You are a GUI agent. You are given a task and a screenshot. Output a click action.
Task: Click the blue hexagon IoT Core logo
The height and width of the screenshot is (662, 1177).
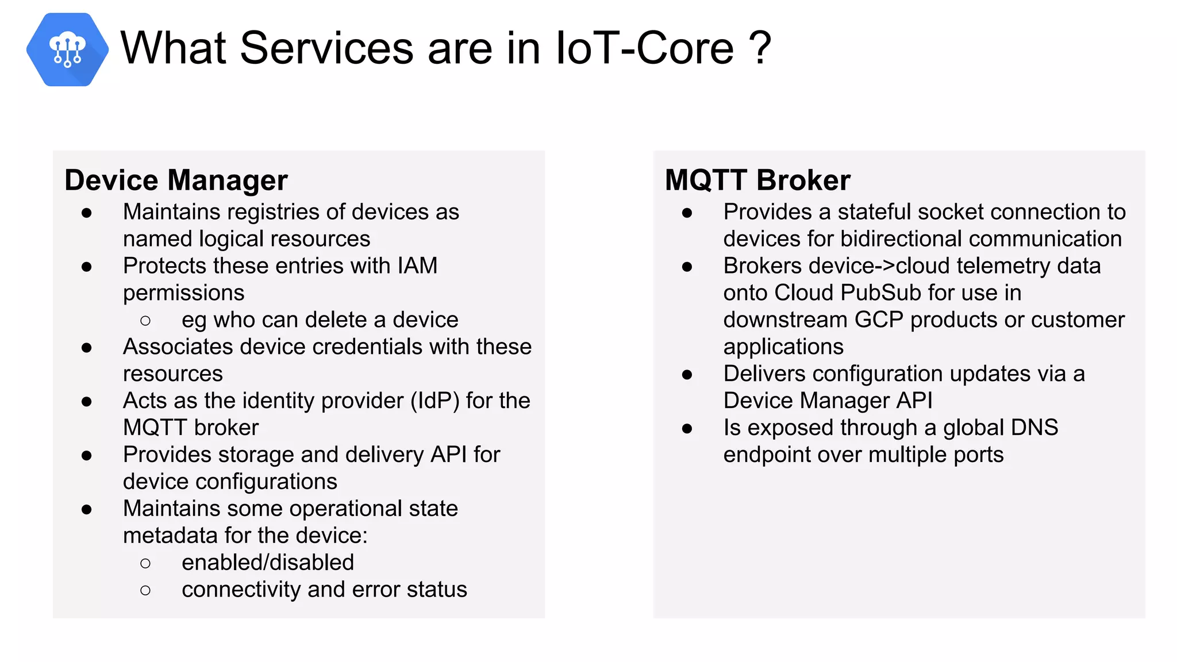coord(67,49)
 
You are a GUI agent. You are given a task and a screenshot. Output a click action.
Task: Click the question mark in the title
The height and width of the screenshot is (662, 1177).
coord(760,48)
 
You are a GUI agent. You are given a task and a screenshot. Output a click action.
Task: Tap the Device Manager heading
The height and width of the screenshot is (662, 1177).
coord(176,180)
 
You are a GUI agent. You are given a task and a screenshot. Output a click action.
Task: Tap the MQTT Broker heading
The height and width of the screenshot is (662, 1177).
coord(757,180)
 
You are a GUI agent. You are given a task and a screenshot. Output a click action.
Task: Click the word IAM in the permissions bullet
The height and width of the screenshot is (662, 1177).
coord(417,266)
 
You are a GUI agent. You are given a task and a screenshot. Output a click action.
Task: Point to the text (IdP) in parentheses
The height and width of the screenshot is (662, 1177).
coord(434,401)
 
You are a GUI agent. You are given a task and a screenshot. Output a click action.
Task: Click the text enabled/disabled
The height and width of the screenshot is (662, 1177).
coord(268,563)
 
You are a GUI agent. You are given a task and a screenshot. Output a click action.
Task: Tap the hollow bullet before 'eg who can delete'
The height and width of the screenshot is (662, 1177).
coord(145,321)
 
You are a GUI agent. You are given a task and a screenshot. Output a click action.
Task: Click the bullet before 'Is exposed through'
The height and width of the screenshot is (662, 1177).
coord(687,429)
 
